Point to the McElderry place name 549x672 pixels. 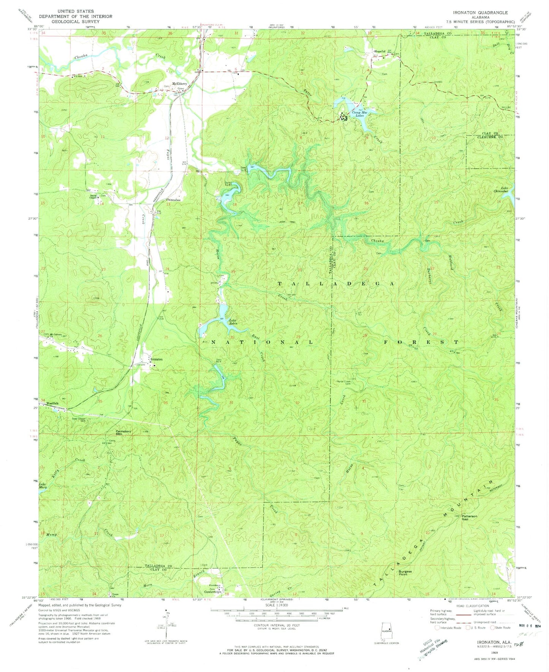click(x=179, y=84)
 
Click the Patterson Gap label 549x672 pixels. click(x=469, y=517)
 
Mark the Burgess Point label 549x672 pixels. click(x=405, y=573)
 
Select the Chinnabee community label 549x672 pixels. click(x=173, y=200)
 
